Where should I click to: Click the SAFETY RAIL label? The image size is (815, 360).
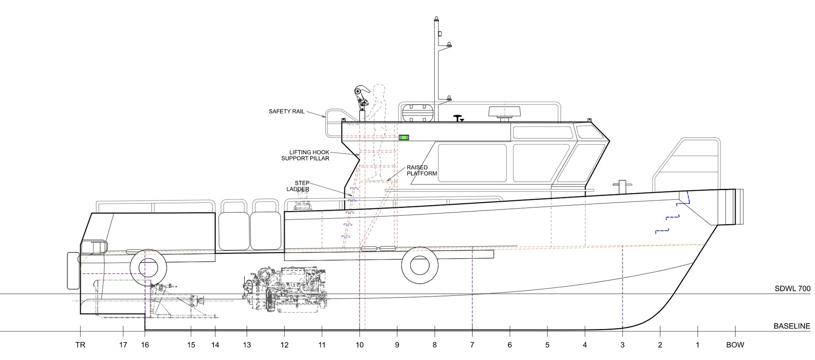[287, 111]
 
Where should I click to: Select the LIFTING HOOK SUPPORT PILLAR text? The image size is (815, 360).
[305, 155]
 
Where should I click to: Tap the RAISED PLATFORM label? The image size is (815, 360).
[421, 170]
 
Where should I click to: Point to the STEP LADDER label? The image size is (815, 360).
[298, 186]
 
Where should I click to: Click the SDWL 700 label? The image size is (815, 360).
[792, 289]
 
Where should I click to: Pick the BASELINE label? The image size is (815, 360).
[792, 326]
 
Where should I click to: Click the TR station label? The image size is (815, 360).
[80, 345]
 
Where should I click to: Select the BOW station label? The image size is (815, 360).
[735, 345]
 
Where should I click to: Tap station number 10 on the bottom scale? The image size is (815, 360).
[359, 345]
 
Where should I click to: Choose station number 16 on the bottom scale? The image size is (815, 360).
[145, 345]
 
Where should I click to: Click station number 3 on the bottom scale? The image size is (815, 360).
[622, 345]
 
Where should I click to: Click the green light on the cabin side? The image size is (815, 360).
[404, 137]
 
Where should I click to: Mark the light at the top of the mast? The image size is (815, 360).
[437, 19]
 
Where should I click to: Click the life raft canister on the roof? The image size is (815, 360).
[417, 113]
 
